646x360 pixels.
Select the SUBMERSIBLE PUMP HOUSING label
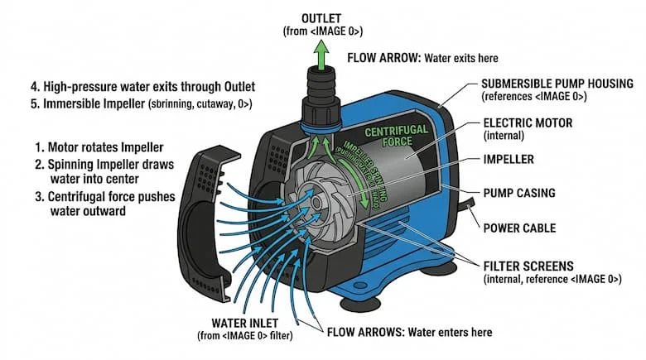click(x=557, y=84)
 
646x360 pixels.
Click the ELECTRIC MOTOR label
click(x=528, y=123)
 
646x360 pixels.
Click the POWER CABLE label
click(x=519, y=228)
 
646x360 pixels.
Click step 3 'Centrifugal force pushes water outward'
click(x=104, y=204)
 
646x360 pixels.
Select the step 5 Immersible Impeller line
click(x=129, y=104)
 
